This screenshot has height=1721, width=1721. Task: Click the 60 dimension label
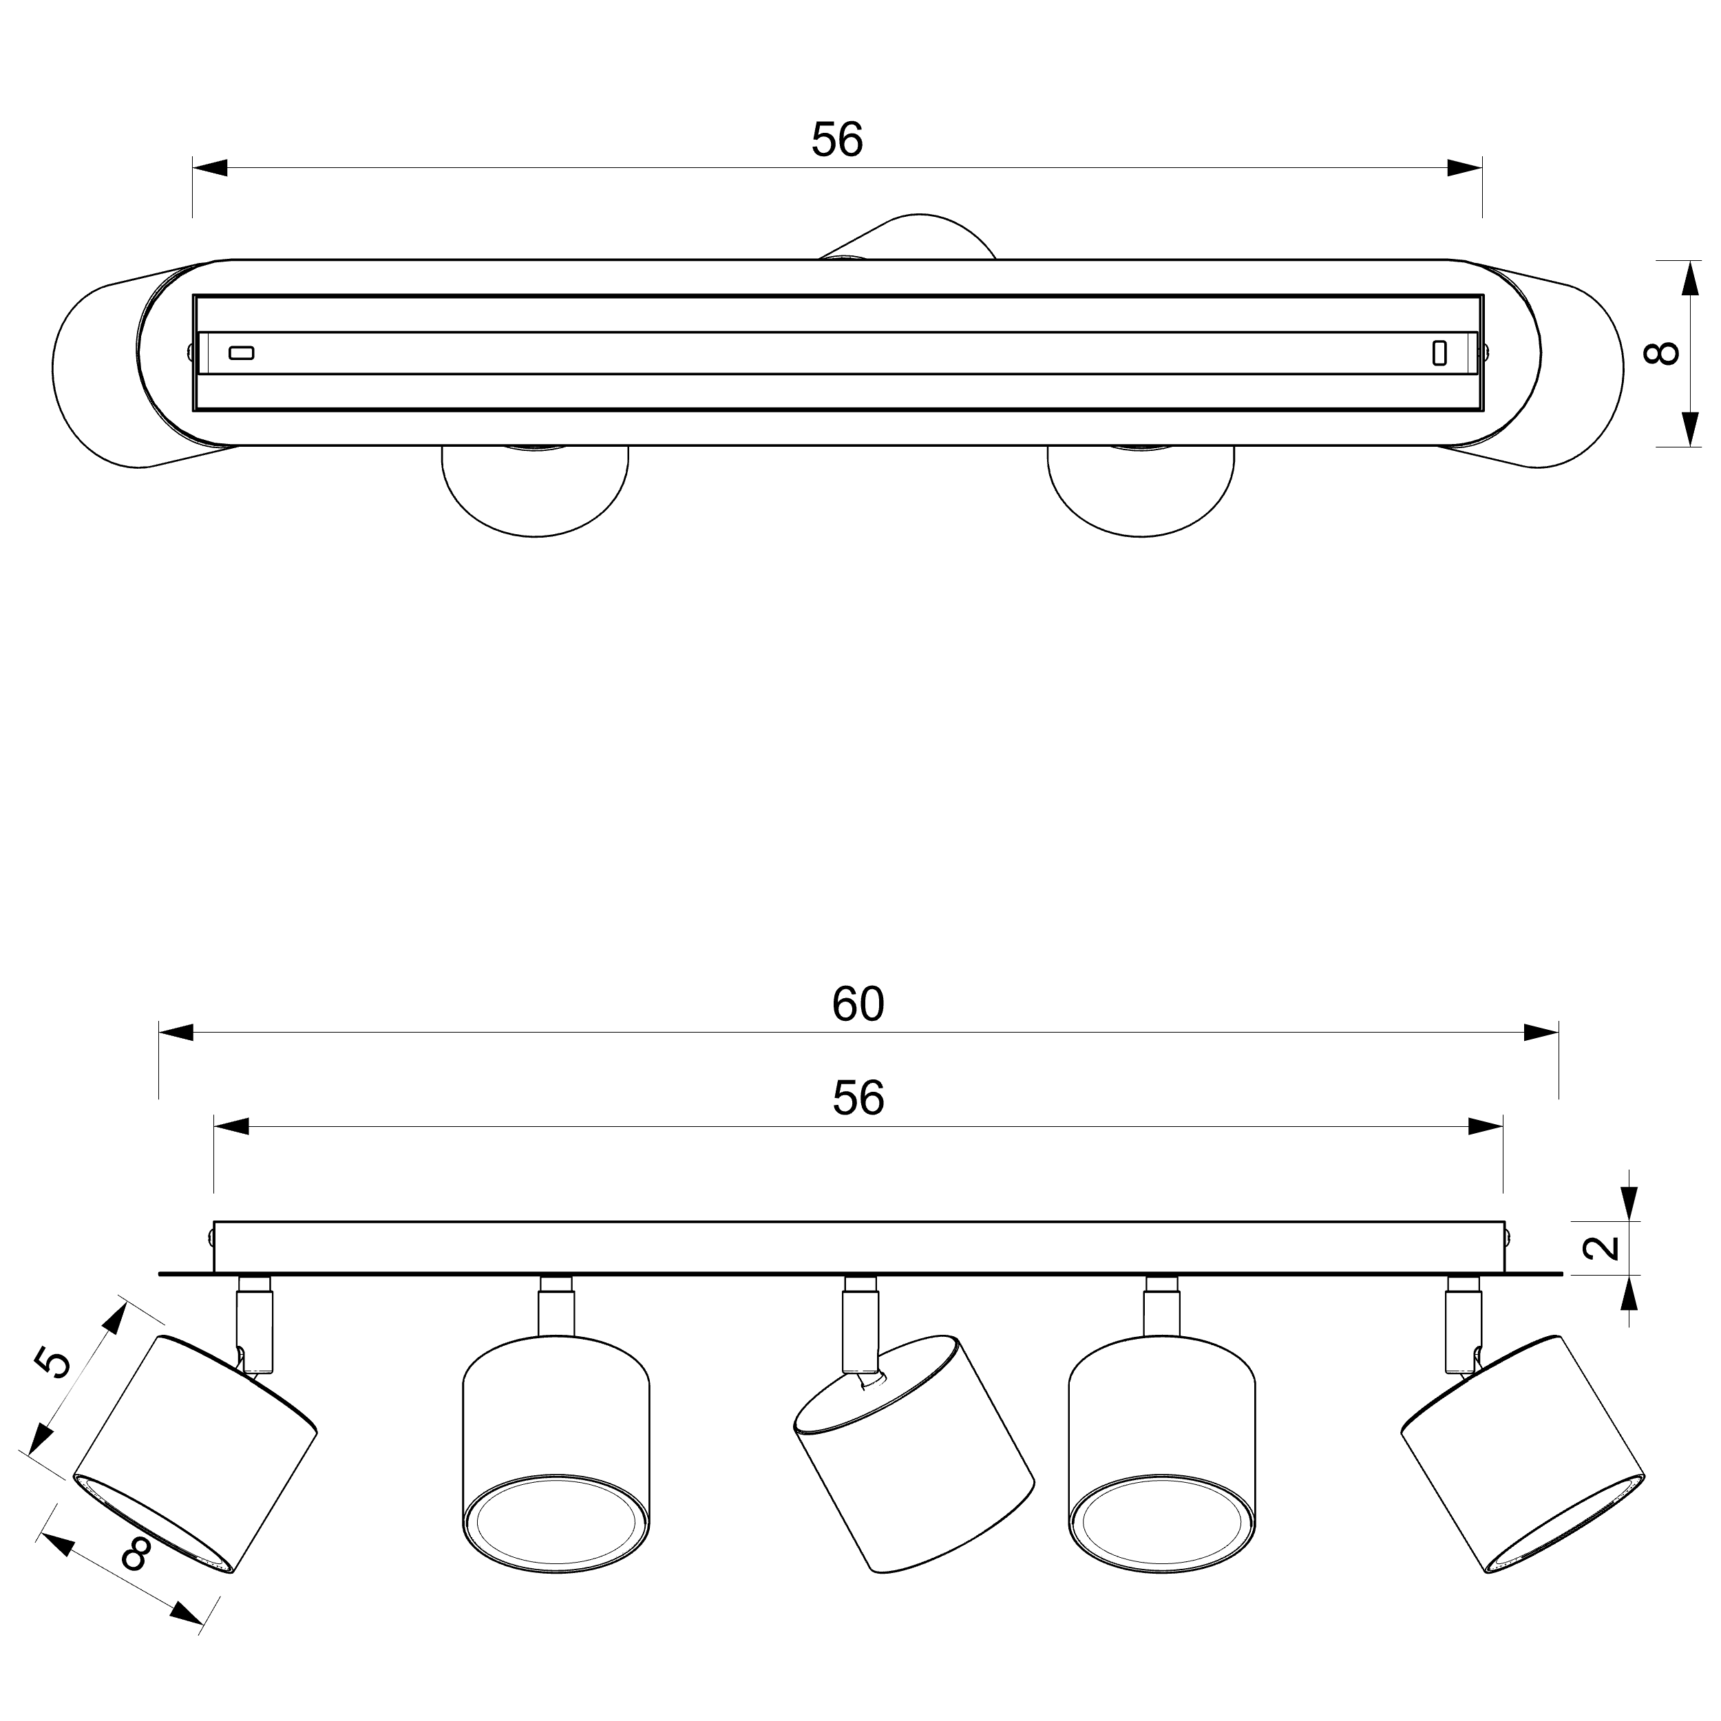pyautogui.click(x=858, y=1004)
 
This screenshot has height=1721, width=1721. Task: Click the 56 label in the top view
pyautogui.click(x=837, y=140)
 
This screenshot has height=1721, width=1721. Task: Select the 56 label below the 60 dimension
pyautogui.click(x=858, y=1098)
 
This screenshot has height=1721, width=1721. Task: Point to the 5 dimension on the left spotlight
pyautogui.click(x=54, y=1363)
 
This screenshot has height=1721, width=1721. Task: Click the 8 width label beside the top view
pyautogui.click(x=1661, y=352)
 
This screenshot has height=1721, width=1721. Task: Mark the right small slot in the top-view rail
pyautogui.click(x=1439, y=352)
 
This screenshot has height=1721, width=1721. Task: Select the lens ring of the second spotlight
pyautogui.click(x=556, y=1524)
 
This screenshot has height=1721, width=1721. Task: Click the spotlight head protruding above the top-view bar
pyautogui.click(x=909, y=236)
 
